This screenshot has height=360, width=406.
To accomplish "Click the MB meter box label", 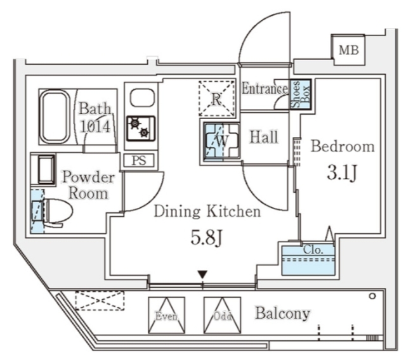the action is pyautogui.click(x=349, y=50).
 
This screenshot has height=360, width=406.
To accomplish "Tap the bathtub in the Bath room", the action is pyautogui.click(x=55, y=117).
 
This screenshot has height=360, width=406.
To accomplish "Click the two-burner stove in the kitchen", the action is pyautogui.click(x=141, y=129).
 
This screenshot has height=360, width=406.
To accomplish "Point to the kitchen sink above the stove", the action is pyautogui.click(x=142, y=98).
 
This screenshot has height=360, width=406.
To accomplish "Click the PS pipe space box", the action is pyautogui.click(x=139, y=160).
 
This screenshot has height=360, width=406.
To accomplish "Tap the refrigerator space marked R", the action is pyautogui.click(x=217, y=98).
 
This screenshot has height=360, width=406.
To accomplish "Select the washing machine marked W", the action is pyautogui.click(x=221, y=141).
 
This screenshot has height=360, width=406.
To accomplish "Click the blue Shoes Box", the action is pyautogui.click(x=300, y=94).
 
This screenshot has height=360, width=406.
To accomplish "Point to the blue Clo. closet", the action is pyautogui.click(x=308, y=260).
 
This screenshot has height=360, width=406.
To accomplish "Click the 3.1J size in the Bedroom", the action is pyautogui.click(x=342, y=173).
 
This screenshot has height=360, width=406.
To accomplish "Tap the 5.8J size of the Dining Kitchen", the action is pyautogui.click(x=206, y=238).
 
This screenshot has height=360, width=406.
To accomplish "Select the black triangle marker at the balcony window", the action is pyautogui.click(x=202, y=274).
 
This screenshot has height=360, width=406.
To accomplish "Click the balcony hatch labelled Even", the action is pyautogui.click(x=166, y=315).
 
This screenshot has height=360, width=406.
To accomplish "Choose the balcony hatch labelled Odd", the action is pyautogui.click(x=222, y=315).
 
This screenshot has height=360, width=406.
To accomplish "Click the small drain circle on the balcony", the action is pyautogui.click(x=372, y=296).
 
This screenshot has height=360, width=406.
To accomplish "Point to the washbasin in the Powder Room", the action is pyautogui.click(x=46, y=169).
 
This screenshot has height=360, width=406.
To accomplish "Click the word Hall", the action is pyautogui.click(x=264, y=137).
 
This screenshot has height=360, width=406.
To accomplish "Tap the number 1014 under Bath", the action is pyautogui.click(x=95, y=127).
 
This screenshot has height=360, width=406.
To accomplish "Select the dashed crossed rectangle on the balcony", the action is pyautogui.click(x=100, y=300).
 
